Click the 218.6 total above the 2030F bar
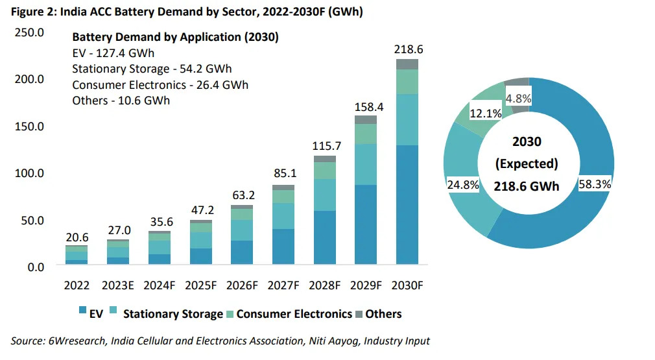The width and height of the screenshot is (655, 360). pyautogui.click(x=407, y=49)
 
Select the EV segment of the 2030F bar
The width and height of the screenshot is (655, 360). pyautogui.click(x=407, y=204)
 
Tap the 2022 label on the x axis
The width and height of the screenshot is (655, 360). pyautogui.click(x=77, y=285)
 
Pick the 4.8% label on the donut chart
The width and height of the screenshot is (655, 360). pyautogui.click(x=518, y=99)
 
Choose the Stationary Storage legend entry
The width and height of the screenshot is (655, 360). pyautogui.click(x=173, y=314)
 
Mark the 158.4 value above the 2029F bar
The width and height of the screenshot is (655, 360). pyautogui.click(x=365, y=106)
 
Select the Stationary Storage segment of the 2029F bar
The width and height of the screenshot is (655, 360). pyautogui.click(x=365, y=164)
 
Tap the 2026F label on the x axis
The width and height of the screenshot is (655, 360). pyautogui.click(x=241, y=285)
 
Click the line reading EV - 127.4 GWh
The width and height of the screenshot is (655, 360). pyautogui.click(x=113, y=53)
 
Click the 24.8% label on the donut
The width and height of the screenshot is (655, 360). pyautogui.click(x=463, y=185)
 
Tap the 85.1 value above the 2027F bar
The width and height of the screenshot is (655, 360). pyautogui.click(x=283, y=174)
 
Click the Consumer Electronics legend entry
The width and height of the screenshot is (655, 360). pyautogui.click(x=294, y=314)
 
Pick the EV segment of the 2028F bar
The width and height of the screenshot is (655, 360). pyautogui.click(x=324, y=237)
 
